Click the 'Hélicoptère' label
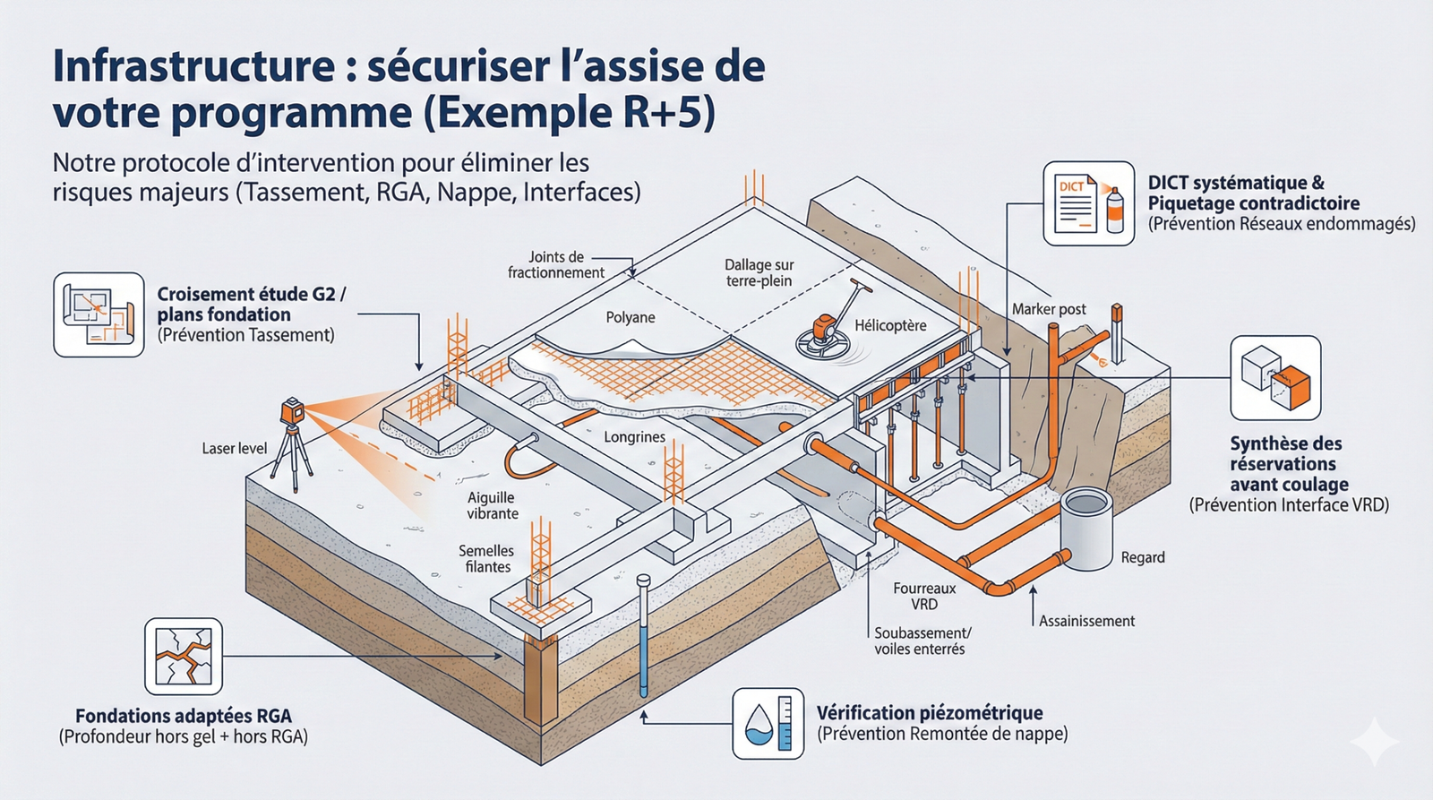pos(889,325)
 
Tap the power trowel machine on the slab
pos(823,334)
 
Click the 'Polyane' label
pos(630,317)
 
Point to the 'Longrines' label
pos(634,437)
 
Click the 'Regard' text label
pos(1142,557)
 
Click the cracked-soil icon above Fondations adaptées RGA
pos(184,656)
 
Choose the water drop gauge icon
pos(768,724)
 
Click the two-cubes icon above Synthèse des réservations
pos(1275,378)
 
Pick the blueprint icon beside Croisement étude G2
pos(99,315)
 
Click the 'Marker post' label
pos(1048,309)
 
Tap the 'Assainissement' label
pos(1085,621)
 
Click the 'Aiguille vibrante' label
pos(492,505)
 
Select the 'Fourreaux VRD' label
pos(924,596)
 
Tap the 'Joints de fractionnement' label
pos(555,264)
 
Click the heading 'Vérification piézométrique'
pos(929,713)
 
